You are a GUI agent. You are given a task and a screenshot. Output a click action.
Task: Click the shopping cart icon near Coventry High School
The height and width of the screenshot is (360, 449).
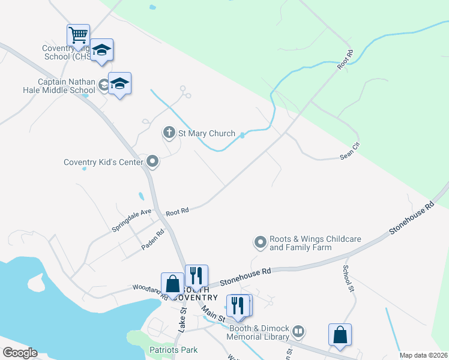pos(78,35)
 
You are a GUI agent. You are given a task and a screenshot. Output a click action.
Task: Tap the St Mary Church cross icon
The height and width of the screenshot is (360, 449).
pos(169,132)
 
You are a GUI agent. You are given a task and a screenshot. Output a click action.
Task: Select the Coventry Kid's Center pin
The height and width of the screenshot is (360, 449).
pos(152,161)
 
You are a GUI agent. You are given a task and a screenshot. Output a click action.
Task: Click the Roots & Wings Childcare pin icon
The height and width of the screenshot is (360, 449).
pos(260,242)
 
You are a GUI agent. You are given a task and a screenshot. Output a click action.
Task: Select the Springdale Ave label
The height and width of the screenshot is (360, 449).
pos(131,220)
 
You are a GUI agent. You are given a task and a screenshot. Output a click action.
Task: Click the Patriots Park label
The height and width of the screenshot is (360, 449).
pos(174,350)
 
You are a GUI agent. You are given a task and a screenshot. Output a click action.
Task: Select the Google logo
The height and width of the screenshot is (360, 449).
pos(19,353)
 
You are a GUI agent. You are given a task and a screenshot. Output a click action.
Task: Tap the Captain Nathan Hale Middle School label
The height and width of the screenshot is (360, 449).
pos(66,86)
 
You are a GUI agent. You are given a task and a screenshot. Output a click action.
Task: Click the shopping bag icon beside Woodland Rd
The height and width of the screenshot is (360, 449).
pos(172,284)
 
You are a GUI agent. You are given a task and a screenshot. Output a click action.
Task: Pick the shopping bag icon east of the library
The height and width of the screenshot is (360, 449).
pos(340,335)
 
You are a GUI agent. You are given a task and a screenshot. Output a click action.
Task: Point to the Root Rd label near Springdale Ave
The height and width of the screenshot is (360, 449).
pos(177,211)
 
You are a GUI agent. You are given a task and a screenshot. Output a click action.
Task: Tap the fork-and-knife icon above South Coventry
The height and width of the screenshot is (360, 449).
pos(196,276)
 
